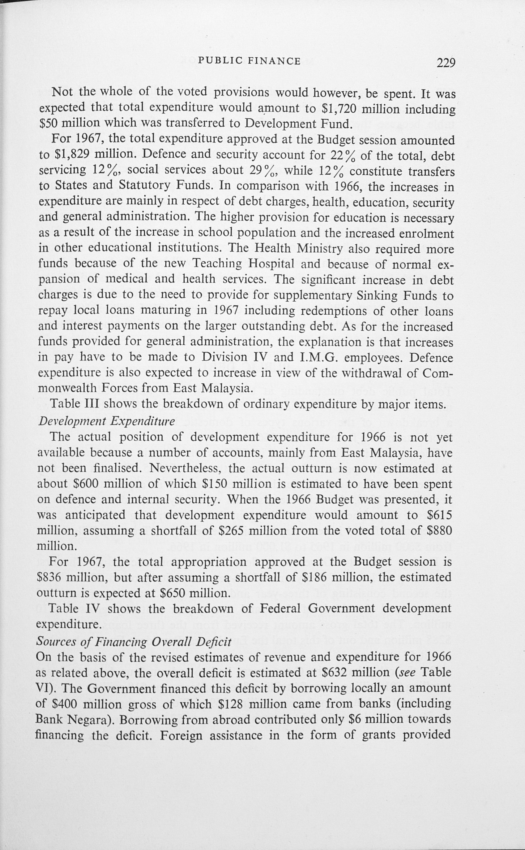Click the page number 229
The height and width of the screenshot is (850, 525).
446,63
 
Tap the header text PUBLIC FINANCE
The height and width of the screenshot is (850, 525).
249,62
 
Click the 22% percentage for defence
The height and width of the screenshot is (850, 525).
341,155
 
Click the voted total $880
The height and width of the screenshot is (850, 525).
439,531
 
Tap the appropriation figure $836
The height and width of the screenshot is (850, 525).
49,578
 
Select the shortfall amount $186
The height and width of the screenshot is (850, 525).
315,578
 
